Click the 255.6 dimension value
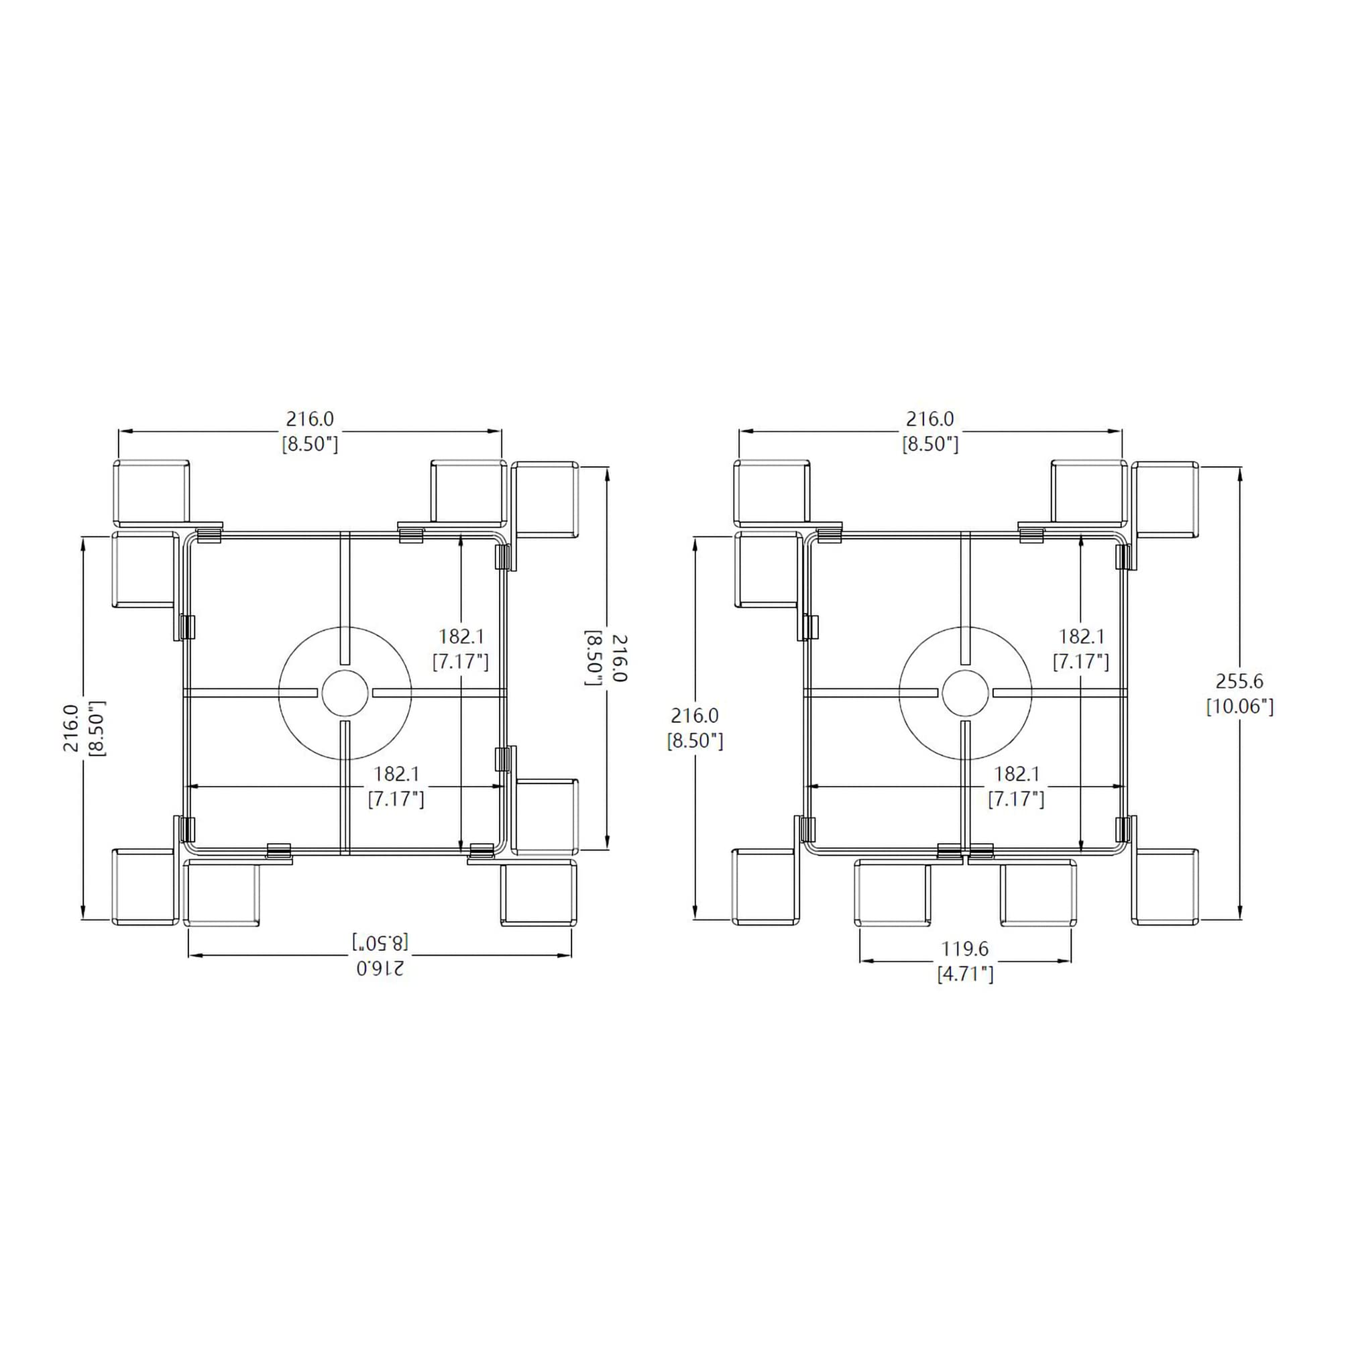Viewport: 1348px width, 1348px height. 1239,681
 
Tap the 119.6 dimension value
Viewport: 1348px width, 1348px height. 965,949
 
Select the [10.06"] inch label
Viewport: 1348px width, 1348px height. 1240,706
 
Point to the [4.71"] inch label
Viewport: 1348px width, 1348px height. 965,974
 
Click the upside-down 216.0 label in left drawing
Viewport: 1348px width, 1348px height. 380,968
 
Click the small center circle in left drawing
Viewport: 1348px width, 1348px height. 345,693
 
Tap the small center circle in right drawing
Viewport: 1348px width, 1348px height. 966,693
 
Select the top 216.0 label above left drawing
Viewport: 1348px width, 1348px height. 310,418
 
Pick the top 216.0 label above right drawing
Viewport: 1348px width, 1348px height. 930,418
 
